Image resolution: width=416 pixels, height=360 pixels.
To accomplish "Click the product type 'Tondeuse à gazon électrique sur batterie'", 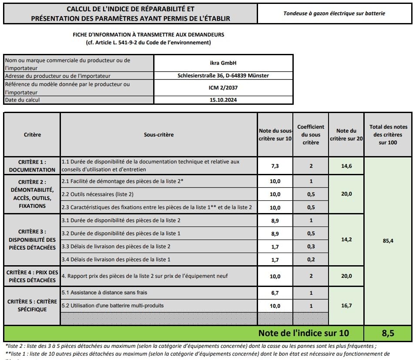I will (334, 13).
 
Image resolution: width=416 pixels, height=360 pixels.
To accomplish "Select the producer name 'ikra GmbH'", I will (223, 63).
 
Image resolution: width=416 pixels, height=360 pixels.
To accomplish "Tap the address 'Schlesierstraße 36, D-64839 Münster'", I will (223, 76).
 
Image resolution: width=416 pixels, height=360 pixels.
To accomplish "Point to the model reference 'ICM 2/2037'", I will (223, 88).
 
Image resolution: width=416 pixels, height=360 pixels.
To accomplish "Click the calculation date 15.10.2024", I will (223, 100).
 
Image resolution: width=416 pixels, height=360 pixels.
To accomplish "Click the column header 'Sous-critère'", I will (158, 135).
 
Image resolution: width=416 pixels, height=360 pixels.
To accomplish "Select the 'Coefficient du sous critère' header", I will (311, 135).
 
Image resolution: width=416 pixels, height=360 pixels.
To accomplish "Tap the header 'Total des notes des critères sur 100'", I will (388, 135).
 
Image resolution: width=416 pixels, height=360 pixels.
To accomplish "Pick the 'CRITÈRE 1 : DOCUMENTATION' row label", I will (32, 166).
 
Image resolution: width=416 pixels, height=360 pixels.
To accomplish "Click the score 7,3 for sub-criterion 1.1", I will (275, 166).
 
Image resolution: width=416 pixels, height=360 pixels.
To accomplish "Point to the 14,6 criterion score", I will (346, 166).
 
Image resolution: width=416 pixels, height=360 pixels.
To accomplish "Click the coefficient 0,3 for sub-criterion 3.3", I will (311, 247).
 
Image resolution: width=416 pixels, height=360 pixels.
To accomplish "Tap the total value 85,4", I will (388, 240).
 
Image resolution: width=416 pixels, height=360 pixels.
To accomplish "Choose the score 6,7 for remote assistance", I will (275, 293).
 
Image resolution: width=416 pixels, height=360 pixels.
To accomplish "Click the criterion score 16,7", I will (346, 306).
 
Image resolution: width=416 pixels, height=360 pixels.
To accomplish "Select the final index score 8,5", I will (388, 333).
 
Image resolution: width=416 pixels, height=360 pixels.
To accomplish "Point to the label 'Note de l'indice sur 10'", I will (303, 333).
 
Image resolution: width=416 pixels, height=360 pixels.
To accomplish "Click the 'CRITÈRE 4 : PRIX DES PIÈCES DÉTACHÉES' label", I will (32, 276).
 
